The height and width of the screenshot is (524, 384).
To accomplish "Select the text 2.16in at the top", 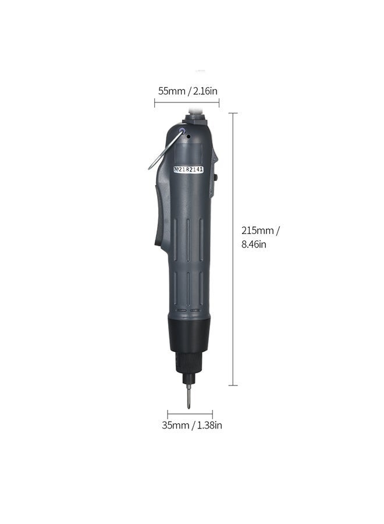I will pos(204,91).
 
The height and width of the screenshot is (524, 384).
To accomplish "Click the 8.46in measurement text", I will pos(254,245).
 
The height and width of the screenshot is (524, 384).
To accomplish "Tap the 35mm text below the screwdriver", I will pos(176,425).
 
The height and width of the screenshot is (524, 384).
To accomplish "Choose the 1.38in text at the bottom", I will pos(209,425).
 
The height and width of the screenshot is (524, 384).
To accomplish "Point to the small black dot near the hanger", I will pos(189,137).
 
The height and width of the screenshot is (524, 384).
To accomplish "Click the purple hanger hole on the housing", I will pos(182,132).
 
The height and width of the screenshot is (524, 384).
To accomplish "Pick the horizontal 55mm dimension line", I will pos(187,103).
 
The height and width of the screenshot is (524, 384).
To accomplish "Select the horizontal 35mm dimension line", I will pos(190,415).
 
